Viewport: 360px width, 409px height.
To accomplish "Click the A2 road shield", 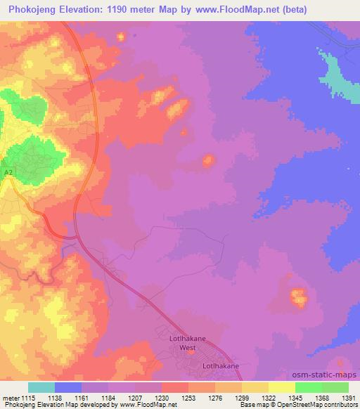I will click(x=8, y=172).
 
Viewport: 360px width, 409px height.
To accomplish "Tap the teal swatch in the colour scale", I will click(x=41, y=387).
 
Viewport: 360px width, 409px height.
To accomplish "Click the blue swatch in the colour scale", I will click(x=68, y=387).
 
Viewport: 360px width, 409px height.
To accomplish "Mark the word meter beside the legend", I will click(x=11, y=397).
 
